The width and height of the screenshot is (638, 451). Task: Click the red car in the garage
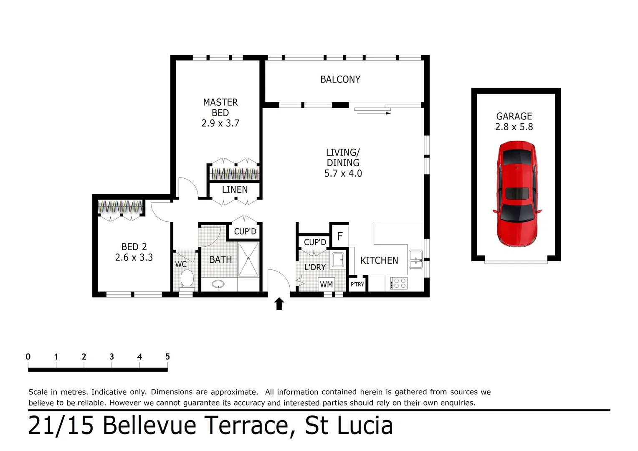516,194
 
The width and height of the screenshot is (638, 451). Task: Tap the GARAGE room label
514,116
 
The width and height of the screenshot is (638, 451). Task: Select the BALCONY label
340,79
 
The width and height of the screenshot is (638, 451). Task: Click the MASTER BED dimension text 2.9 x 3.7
220,123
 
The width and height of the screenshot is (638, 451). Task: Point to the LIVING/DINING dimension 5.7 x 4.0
343,173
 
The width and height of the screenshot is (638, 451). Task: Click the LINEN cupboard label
235,190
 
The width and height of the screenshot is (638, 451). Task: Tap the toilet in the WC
187,279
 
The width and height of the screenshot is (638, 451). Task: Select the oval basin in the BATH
218,284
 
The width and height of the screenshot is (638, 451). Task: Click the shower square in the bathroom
248,259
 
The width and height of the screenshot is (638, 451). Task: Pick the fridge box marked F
339,236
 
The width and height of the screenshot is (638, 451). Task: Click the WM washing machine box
326,284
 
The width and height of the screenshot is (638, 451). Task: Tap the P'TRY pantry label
357,284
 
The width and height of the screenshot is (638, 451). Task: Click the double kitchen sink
415,259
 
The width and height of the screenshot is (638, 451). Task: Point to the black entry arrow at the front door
279,304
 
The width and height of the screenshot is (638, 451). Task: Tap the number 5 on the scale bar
167,357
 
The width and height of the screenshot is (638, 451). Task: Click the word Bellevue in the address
149,425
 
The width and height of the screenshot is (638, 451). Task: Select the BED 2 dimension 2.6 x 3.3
134,257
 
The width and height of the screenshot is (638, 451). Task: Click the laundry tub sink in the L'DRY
337,260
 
